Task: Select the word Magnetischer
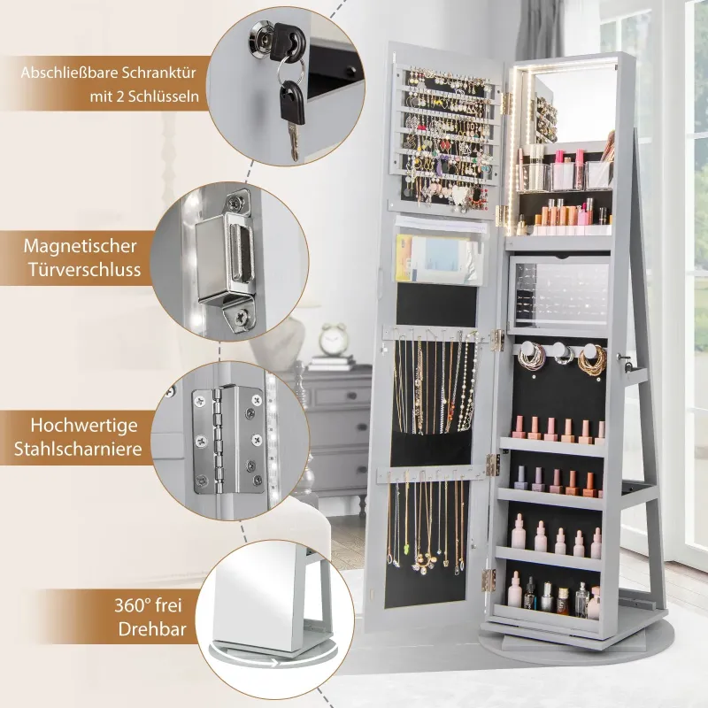point(80,246)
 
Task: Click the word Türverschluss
point(85,270)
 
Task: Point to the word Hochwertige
point(84,426)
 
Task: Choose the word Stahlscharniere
point(78,450)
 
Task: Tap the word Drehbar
point(152,629)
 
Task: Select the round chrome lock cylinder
point(259,40)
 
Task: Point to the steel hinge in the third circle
point(227,440)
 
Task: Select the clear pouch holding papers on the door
point(441,251)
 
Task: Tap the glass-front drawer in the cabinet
point(558,295)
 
